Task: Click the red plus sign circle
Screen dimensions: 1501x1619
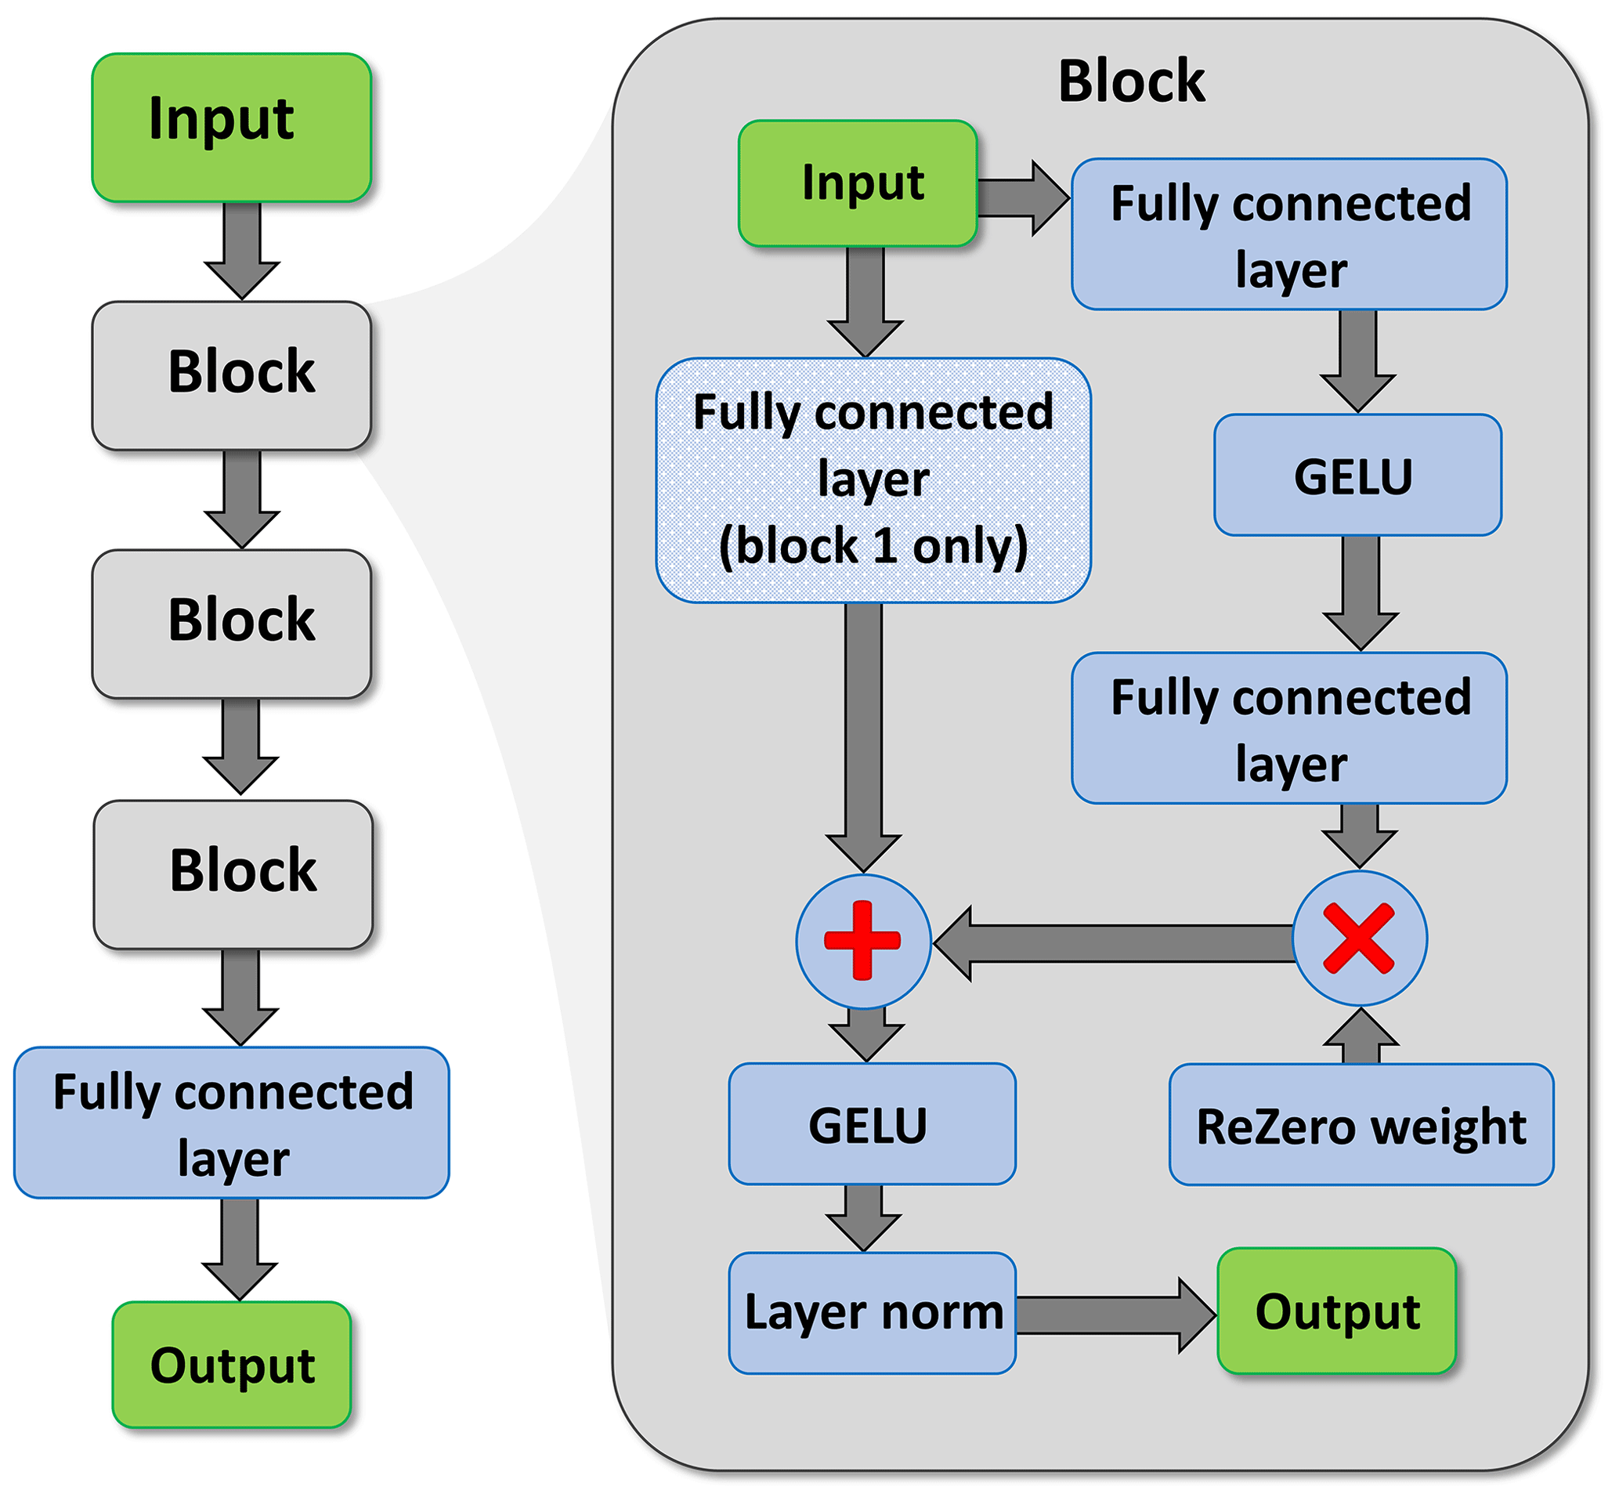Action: tap(862, 941)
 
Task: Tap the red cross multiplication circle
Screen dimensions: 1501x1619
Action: tap(1358, 939)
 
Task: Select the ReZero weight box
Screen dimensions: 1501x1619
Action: tap(1360, 1124)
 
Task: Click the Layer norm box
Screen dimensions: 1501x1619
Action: tap(871, 1312)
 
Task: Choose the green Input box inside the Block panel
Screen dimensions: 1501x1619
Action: tap(857, 183)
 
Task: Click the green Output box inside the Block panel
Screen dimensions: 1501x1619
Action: tap(1335, 1311)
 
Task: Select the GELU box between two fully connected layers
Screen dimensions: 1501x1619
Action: tap(1357, 476)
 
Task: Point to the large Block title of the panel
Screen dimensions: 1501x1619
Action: tap(1131, 81)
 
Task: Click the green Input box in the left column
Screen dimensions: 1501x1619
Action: tap(231, 128)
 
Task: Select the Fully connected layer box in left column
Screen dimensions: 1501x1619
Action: tap(231, 1122)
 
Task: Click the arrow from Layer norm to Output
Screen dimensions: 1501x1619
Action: tap(1112, 1315)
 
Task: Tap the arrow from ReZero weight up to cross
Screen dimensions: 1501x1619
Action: tap(1360, 1038)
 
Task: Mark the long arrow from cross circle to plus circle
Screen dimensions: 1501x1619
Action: tap(1112, 942)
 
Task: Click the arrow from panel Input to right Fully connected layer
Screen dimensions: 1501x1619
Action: tap(1021, 197)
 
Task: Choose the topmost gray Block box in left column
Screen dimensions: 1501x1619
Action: tap(231, 375)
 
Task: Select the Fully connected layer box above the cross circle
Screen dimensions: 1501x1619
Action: tap(1288, 728)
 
